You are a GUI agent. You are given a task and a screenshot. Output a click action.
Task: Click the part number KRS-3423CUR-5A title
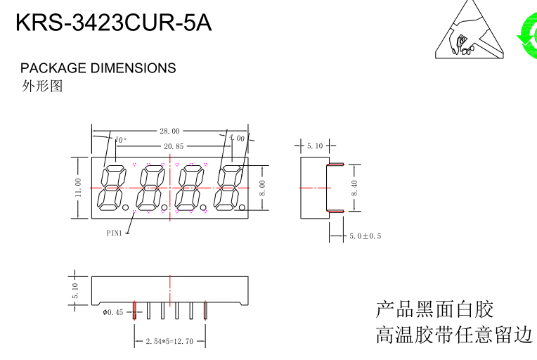click(x=113, y=22)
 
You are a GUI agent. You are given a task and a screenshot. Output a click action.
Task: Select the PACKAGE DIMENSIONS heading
click(x=98, y=68)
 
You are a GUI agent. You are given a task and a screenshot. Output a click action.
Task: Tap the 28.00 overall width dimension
click(x=169, y=131)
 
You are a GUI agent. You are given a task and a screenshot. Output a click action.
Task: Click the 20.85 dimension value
click(x=174, y=146)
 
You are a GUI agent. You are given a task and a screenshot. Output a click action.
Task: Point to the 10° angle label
click(x=121, y=140)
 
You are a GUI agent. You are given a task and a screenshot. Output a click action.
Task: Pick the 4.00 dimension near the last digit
click(x=237, y=139)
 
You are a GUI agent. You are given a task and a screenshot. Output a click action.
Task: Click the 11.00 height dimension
click(x=79, y=187)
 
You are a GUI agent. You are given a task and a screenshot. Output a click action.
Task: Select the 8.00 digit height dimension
click(x=263, y=187)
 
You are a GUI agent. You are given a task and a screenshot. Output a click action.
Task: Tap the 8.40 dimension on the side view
click(x=355, y=188)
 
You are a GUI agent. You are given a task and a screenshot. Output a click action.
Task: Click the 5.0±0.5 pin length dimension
click(x=365, y=236)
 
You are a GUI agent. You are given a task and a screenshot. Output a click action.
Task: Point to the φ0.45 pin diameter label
click(x=113, y=312)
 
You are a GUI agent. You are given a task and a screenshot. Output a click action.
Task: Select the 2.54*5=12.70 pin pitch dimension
click(x=169, y=342)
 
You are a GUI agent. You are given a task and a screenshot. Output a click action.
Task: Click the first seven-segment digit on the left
click(x=112, y=188)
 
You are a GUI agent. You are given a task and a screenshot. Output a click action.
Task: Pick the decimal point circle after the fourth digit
click(x=242, y=208)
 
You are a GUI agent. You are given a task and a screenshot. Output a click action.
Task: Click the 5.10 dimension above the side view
click(x=314, y=146)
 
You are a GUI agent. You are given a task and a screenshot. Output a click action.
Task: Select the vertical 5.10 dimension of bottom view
click(x=76, y=290)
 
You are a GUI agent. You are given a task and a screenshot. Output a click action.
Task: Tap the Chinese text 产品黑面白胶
click(x=434, y=309)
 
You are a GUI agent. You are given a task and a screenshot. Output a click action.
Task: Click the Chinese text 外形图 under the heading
click(x=42, y=86)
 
